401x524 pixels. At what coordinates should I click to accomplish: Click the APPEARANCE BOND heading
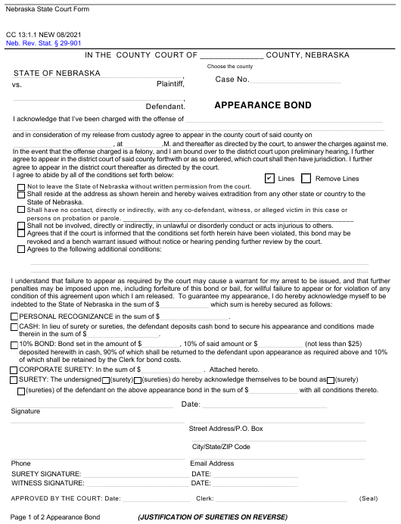(x=263, y=105)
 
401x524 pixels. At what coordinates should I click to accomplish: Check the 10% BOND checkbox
(x=14, y=343)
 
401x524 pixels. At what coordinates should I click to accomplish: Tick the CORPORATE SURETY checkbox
(x=14, y=370)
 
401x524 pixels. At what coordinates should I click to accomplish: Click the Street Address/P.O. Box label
(x=225, y=429)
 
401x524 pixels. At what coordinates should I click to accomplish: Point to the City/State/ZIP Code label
(x=221, y=447)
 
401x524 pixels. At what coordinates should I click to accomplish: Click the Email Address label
(x=212, y=463)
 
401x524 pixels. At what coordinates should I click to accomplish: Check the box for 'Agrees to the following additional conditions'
(x=20, y=248)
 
